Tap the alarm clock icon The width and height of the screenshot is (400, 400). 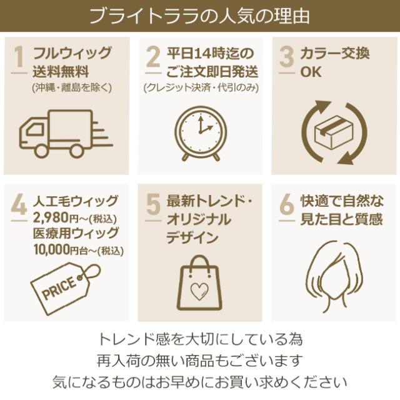[201, 133]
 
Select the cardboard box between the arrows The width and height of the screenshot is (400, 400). [334, 132]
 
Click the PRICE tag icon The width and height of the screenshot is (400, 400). [66, 289]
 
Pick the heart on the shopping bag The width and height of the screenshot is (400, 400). [200, 291]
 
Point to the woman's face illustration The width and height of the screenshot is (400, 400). [335, 277]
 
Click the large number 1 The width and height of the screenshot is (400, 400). [19, 57]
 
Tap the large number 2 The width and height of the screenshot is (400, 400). [153, 57]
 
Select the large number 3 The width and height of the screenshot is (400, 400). [287, 57]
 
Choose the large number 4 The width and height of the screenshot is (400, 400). [19, 204]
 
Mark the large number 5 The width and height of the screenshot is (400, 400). [153, 204]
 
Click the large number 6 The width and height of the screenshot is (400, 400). [287, 204]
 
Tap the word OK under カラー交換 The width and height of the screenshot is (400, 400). [311, 72]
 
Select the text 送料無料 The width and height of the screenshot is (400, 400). [61, 71]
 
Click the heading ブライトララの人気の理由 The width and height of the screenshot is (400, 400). [200, 16]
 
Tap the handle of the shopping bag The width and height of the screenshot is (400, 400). [200, 261]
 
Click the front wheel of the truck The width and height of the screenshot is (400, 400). [42, 151]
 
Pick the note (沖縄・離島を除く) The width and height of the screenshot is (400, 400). [72, 87]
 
